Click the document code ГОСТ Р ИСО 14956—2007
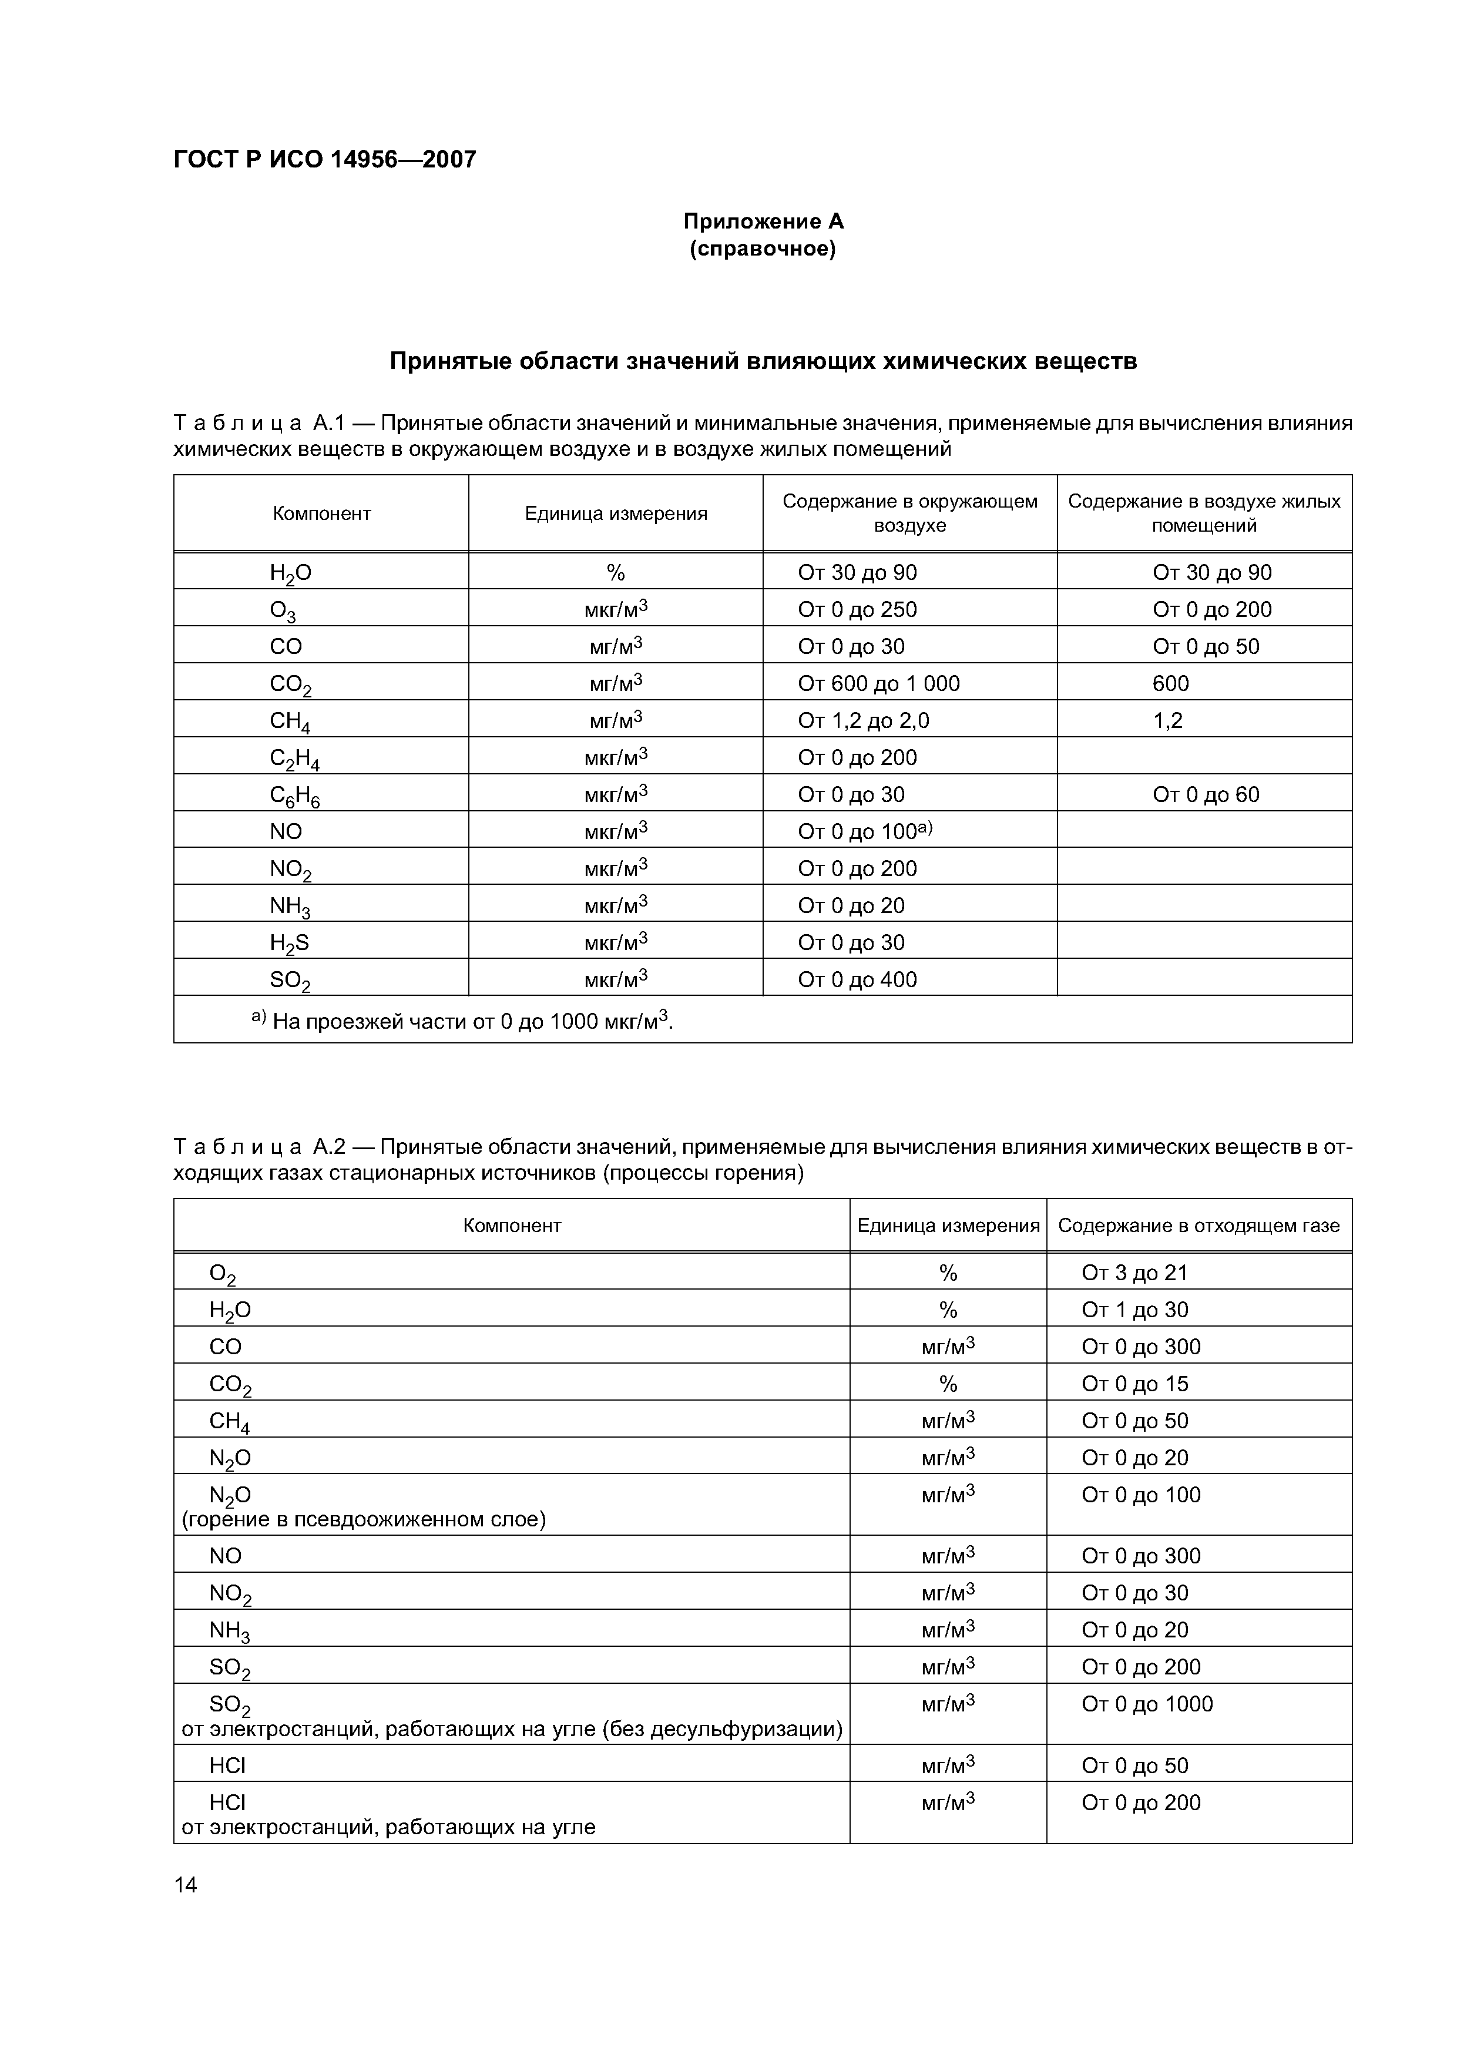(x=324, y=160)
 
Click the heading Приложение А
(x=763, y=221)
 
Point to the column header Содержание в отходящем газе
(x=1198, y=1226)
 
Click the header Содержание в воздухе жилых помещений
(x=1204, y=513)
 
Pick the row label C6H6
(x=294, y=795)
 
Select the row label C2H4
(x=294, y=758)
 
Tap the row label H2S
(x=289, y=942)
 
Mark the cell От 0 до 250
(x=857, y=610)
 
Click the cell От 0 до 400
(x=857, y=980)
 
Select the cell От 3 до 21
(x=1134, y=1273)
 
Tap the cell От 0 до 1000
(x=1146, y=1704)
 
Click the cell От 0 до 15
(x=1134, y=1384)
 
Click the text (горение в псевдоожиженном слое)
(x=364, y=1519)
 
